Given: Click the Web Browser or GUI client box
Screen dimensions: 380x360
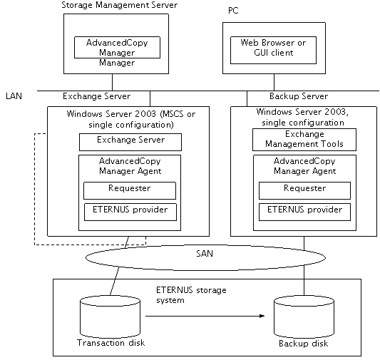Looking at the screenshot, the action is tap(273, 50).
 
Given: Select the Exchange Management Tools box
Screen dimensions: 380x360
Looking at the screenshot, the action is tap(304, 140).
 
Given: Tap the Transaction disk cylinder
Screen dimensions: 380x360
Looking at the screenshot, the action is tap(110, 317).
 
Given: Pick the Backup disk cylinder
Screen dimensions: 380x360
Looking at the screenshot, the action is tap(304, 317).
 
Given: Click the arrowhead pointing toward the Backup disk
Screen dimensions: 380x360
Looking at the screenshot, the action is tap(262, 316).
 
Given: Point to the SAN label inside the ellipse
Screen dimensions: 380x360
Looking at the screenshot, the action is tap(205, 253).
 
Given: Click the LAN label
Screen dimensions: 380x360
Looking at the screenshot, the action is tap(14, 96).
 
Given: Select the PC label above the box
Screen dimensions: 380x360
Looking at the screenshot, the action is tap(233, 11).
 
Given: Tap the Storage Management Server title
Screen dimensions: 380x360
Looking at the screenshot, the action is tap(120, 5).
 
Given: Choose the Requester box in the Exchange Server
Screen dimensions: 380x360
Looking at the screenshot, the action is tap(130, 190).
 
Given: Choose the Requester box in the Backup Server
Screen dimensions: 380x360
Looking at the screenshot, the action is tap(304, 190).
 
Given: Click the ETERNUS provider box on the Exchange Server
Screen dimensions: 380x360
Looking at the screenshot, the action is tap(130, 212).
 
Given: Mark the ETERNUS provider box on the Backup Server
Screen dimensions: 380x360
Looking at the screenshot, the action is tap(304, 212).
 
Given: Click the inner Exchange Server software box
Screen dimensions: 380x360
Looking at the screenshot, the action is tap(130, 142).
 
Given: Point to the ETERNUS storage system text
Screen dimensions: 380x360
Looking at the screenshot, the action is tap(191, 295).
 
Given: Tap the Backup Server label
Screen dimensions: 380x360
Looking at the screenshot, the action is tap(299, 96).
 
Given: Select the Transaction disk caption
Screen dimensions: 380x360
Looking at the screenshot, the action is tap(111, 343).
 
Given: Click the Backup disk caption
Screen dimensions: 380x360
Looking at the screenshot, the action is tap(304, 344).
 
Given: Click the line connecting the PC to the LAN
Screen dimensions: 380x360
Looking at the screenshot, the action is tap(274, 83).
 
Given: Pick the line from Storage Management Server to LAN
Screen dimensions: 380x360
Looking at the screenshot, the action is tap(112, 83).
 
